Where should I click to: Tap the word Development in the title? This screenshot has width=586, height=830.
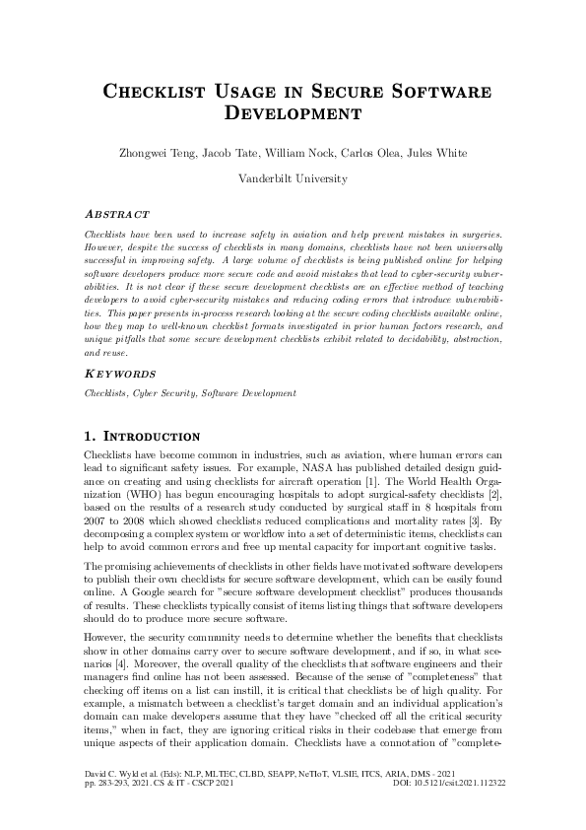(293, 113)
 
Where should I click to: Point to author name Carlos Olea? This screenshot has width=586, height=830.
(371, 153)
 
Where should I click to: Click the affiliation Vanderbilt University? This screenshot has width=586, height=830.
(293, 179)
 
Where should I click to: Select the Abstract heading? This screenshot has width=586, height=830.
(117, 214)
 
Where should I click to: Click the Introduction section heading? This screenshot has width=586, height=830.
(152, 437)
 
